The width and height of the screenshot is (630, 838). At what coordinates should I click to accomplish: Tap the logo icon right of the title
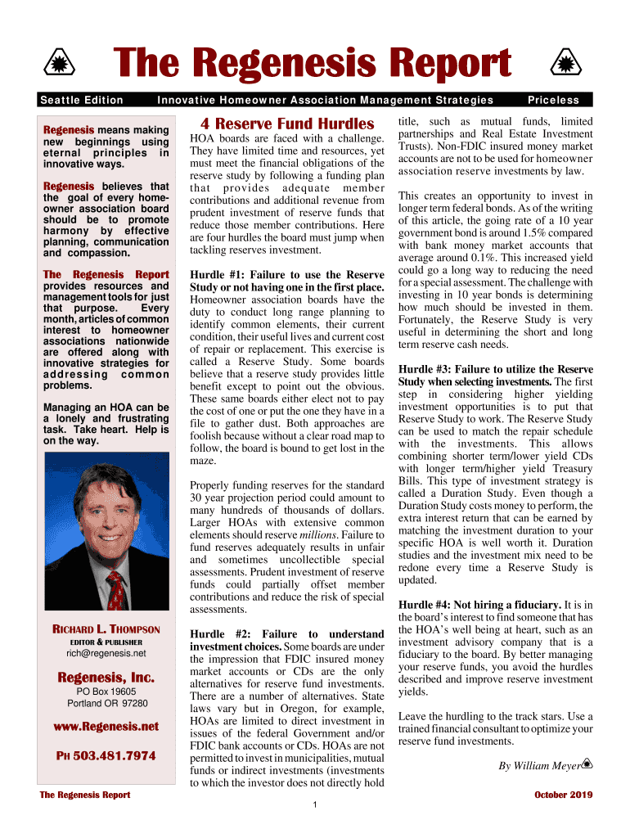(x=563, y=65)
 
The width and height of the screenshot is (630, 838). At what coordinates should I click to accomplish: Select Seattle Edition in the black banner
(x=82, y=100)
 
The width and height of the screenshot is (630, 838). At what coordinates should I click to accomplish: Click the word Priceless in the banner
(x=553, y=100)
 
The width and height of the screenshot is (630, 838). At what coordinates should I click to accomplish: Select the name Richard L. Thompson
(x=106, y=630)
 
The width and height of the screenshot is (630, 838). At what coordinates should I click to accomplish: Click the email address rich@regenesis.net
(x=106, y=654)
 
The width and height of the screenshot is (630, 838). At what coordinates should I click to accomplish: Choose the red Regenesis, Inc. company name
(x=106, y=677)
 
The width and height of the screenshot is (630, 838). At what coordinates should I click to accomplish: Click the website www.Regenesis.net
(x=106, y=727)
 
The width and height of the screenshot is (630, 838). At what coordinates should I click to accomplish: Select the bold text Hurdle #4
(x=429, y=605)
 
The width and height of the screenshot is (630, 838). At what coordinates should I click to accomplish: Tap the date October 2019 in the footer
(x=563, y=795)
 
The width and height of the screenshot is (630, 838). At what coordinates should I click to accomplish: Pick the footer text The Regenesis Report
(x=85, y=795)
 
